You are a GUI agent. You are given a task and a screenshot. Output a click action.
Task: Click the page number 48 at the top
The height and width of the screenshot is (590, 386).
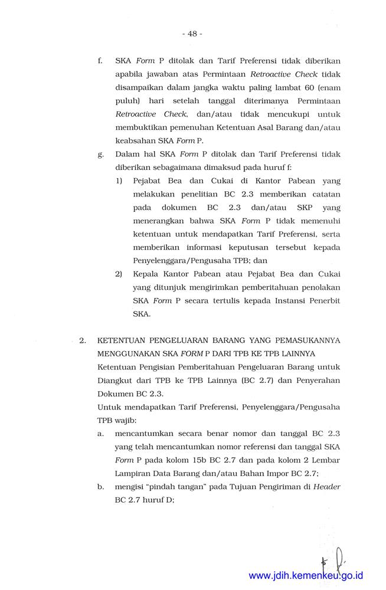coord(192,34)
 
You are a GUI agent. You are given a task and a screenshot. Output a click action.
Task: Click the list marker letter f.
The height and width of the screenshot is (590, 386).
coord(100,60)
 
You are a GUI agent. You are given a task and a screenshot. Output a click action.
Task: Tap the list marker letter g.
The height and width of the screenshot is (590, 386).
coord(100,155)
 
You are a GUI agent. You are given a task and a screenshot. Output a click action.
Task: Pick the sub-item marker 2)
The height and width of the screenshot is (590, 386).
coord(119,274)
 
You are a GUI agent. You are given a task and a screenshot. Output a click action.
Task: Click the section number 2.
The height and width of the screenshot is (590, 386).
coord(83,340)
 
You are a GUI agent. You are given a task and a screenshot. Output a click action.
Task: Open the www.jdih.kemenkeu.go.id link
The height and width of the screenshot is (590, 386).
coord(306,575)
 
